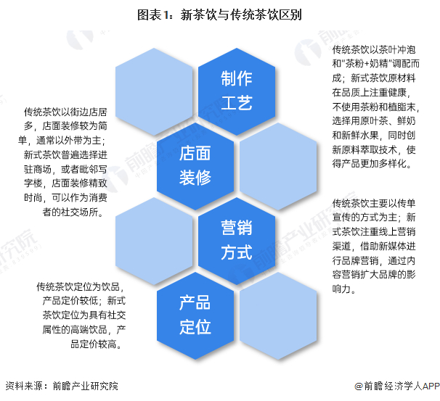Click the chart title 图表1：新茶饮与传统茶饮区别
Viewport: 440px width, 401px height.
pyautogui.click(x=219, y=13)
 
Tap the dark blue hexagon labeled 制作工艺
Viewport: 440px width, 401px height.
pyautogui.click(x=236, y=90)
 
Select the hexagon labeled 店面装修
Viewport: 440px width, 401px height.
pyautogui.click(x=195, y=164)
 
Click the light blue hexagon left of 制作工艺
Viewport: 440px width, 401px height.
pyautogui.click(x=152, y=90)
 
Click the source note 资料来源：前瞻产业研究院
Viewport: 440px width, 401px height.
pyautogui.click(x=61, y=386)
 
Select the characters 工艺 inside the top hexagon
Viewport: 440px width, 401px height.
pyautogui.click(x=236, y=102)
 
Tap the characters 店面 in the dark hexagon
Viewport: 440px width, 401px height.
pyautogui.click(x=195, y=152)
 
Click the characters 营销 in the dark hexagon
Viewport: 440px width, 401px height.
pyautogui.click(x=236, y=228)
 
